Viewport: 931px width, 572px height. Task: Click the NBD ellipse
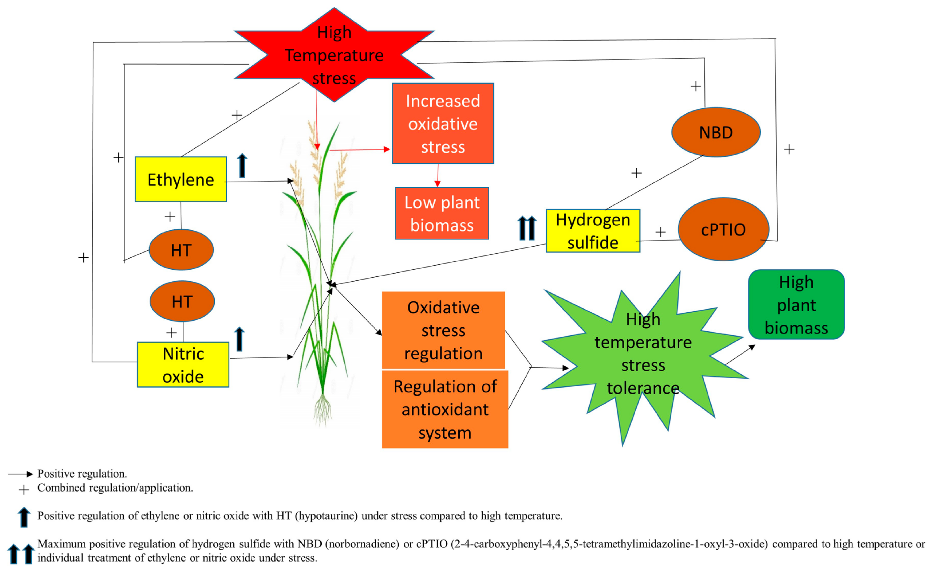click(716, 132)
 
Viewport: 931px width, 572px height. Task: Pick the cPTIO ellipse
click(723, 229)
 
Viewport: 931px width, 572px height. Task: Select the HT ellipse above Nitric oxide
click(182, 301)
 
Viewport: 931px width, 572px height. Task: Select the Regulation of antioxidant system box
click(445, 409)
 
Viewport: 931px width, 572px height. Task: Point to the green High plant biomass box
click(796, 305)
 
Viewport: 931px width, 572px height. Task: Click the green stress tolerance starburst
click(643, 354)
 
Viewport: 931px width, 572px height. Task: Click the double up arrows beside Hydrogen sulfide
click(527, 228)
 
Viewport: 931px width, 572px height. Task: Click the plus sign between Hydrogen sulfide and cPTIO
click(660, 232)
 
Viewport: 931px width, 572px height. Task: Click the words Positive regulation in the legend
click(82, 474)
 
